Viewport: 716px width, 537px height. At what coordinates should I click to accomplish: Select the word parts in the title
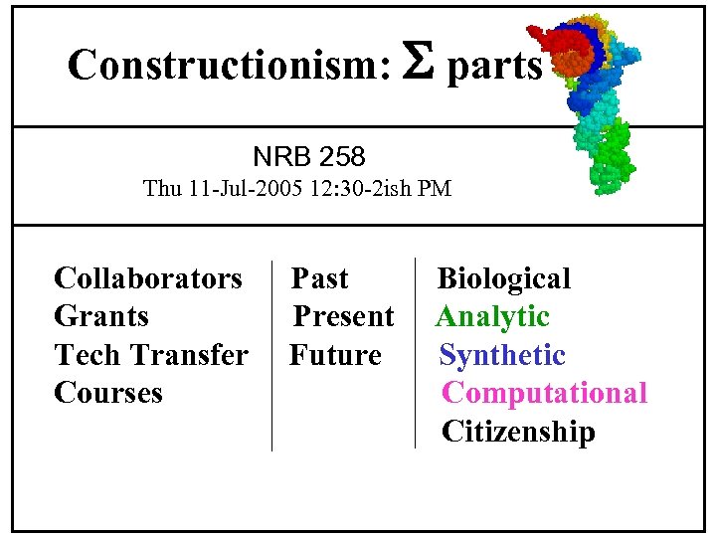pyautogui.click(x=494, y=67)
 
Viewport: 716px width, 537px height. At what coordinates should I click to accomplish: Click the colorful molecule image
pyautogui.click(x=592, y=99)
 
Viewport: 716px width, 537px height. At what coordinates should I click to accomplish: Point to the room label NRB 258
pyautogui.click(x=308, y=156)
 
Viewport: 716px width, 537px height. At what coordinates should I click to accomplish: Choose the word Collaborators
pyautogui.click(x=148, y=277)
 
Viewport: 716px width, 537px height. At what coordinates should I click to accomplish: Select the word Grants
pyautogui.click(x=101, y=316)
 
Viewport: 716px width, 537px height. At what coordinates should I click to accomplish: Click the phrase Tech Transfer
pyautogui.click(x=151, y=354)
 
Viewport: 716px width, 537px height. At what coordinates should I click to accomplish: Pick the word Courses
pyautogui.click(x=108, y=393)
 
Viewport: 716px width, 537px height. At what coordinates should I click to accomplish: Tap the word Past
pyautogui.click(x=319, y=278)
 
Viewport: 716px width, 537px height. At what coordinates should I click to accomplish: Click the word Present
pyautogui.click(x=343, y=316)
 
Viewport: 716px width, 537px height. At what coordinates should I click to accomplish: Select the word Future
pyautogui.click(x=335, y=354)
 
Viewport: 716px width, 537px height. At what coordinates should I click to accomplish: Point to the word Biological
pyautogui.click(x=504, y=278)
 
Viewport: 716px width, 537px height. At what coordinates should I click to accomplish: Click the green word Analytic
pyautogui.click(x=492, y=316)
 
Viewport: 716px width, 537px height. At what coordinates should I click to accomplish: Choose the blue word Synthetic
pyautogui.click(x=502, y=355)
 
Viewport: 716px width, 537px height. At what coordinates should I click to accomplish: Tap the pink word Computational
pyautogui.click(x=544, y=393)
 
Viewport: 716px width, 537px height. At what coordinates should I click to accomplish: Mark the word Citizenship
pyautogui.click(x=518, y=432)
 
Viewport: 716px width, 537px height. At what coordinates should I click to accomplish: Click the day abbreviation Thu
pyautogui.click(x=162, y=188)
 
